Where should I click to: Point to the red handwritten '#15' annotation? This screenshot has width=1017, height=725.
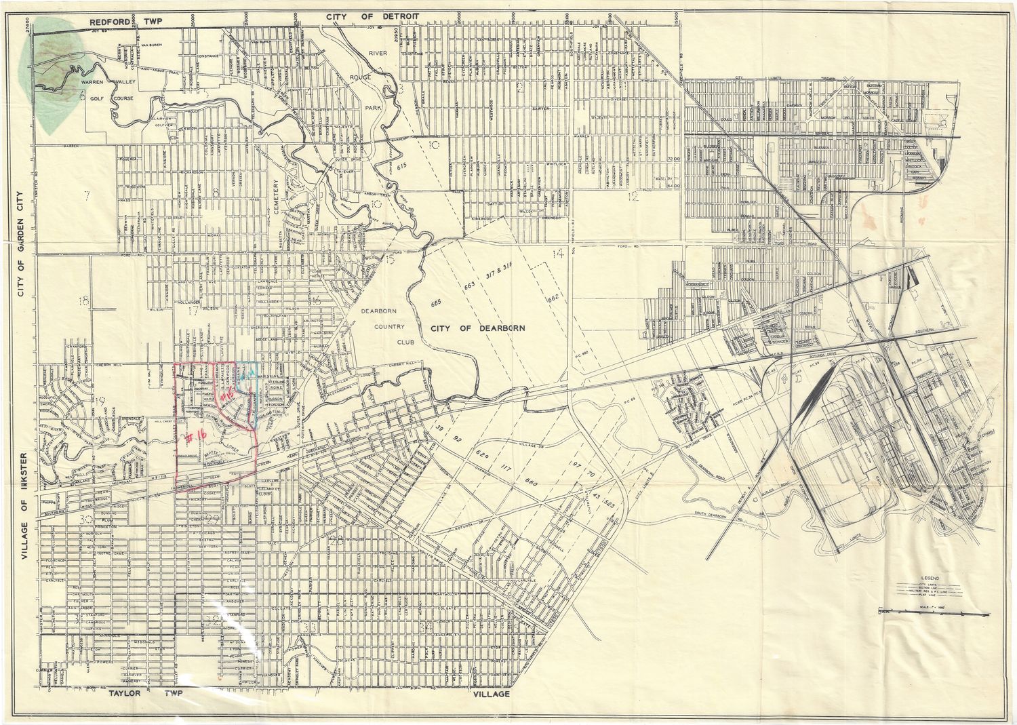click(x=227, y=395)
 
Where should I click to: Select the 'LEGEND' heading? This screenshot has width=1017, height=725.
click(x=935, y=579)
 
